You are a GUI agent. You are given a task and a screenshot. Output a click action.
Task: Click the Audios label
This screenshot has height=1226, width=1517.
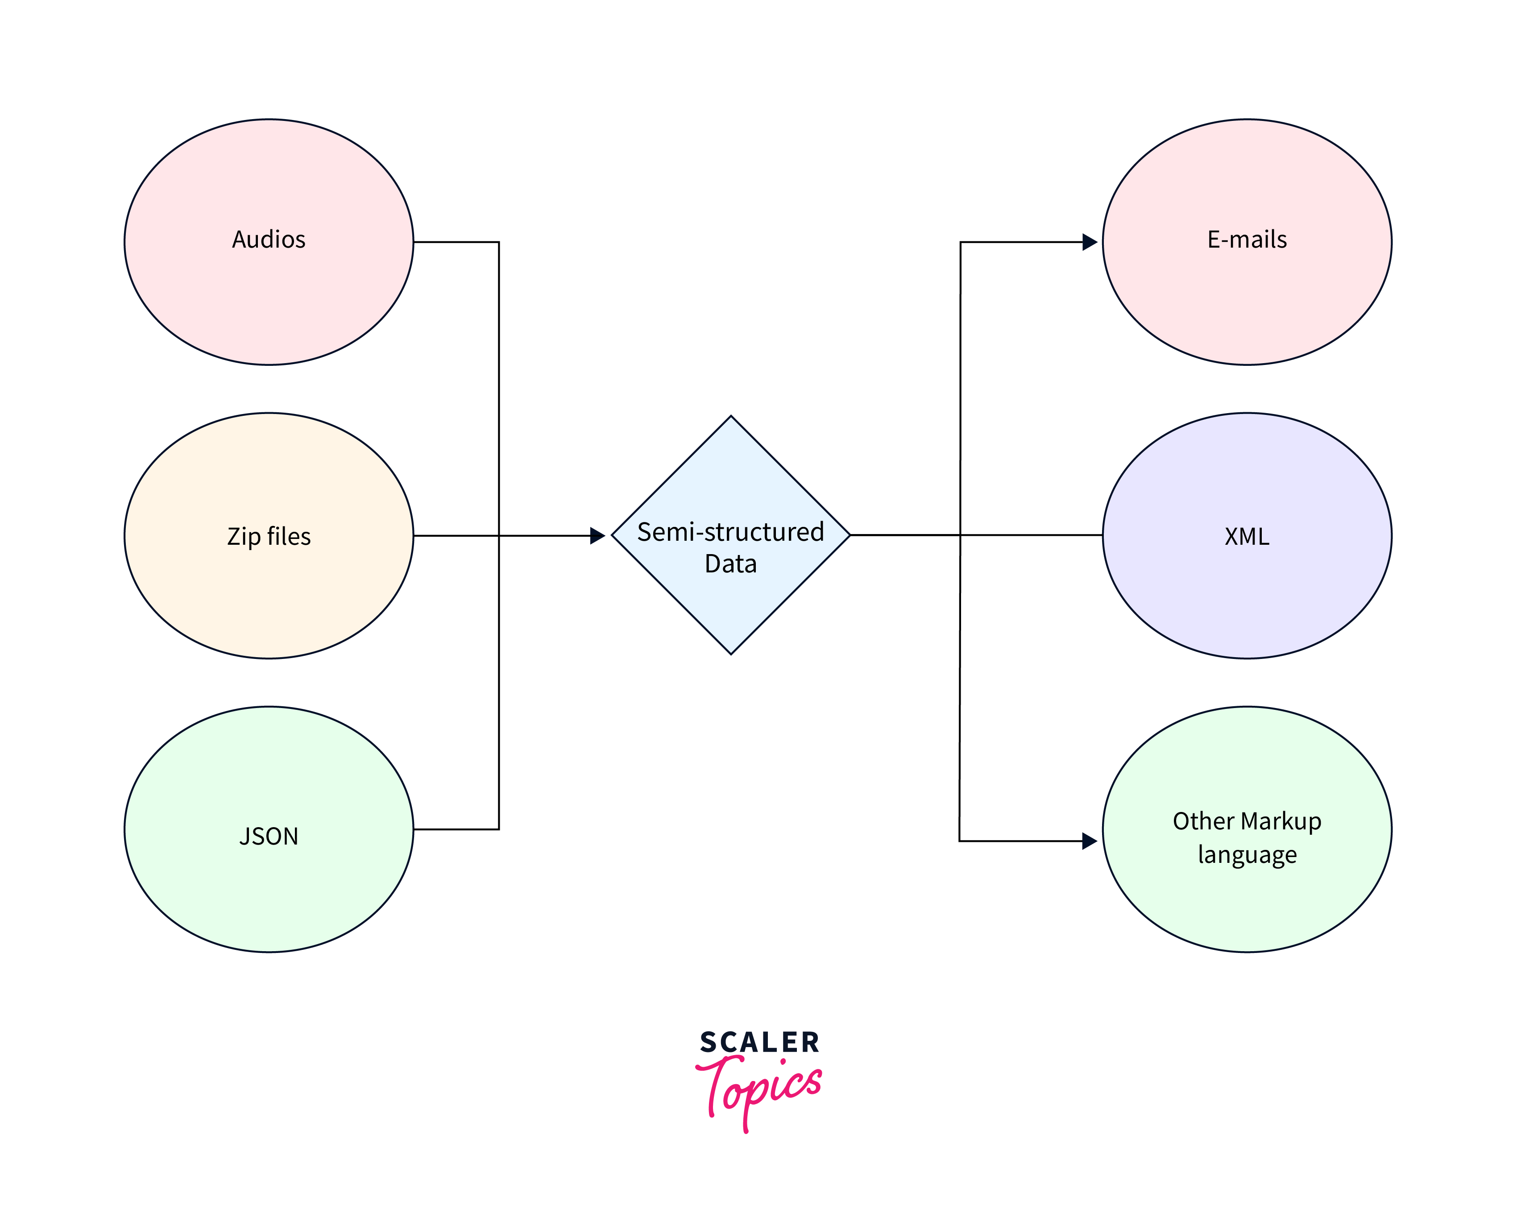268,240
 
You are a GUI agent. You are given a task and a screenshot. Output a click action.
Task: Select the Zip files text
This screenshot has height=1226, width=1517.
268,536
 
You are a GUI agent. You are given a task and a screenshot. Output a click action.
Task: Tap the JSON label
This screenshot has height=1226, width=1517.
268,836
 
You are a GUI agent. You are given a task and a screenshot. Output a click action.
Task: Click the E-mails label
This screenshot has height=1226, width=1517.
1247,240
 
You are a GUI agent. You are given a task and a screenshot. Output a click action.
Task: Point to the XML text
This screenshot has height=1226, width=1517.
1247,536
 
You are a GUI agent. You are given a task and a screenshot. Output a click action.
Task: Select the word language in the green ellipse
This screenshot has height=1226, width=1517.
1247,854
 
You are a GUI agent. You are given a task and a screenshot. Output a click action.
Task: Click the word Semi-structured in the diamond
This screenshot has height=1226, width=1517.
730,532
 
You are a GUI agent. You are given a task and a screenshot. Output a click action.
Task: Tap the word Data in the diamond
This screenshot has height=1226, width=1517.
730,563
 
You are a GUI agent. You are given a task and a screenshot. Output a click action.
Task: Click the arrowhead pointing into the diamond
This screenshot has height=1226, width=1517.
597,535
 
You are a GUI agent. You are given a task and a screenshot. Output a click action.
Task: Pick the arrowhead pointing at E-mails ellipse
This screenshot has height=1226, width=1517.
1089,242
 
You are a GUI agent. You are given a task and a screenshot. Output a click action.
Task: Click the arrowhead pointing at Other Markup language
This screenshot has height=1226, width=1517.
1089,841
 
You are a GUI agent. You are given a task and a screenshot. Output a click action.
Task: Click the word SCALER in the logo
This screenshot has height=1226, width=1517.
759,1042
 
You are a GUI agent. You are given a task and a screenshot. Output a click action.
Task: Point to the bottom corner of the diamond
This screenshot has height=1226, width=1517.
731,653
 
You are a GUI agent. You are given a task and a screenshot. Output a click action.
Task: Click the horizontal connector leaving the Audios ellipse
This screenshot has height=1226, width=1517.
456,242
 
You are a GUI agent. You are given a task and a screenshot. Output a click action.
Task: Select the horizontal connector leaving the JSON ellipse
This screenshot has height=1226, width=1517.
456,829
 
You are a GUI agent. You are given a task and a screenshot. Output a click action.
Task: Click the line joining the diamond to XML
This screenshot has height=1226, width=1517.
1031,535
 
